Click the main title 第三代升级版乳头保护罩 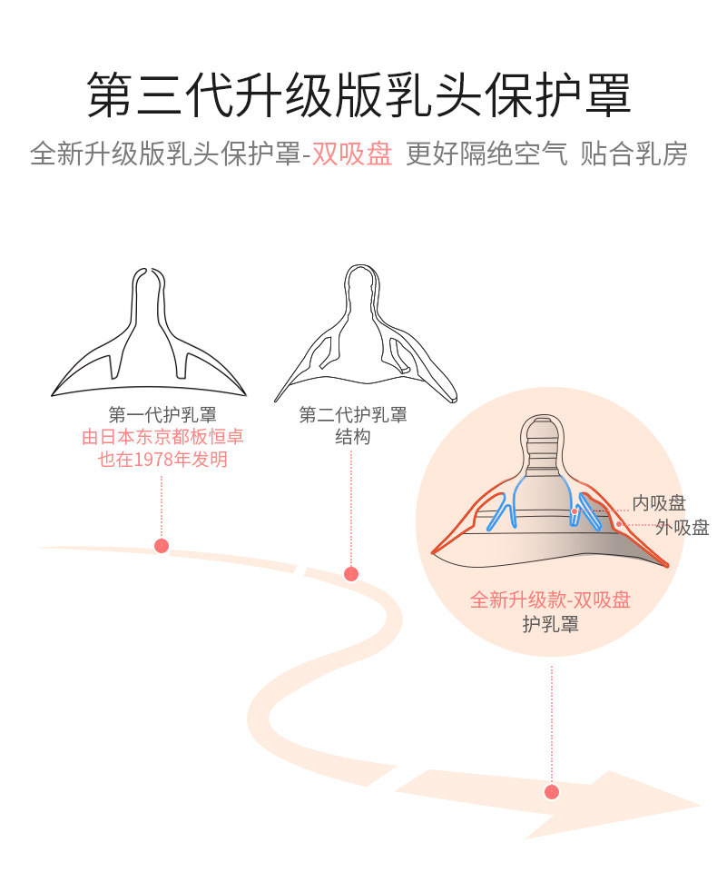[358, 95]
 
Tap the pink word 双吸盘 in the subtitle [352, 154]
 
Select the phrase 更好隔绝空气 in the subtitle [486, 154]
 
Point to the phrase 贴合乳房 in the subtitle [634, 154]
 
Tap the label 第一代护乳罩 [162, 414]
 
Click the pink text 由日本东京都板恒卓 [162, 437]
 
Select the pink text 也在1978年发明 [162, 459]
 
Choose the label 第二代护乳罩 [353, 414]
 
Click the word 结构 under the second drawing [352, 437]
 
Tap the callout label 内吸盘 [658, 503]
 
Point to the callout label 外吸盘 [683, 528]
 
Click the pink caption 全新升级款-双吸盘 [550, 600]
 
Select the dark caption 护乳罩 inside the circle [550, 624]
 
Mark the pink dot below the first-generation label [162, 546]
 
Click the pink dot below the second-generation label [351, 574]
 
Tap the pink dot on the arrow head [552, 791]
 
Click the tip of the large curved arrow [700, 806]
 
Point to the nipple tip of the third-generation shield [544, 417]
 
